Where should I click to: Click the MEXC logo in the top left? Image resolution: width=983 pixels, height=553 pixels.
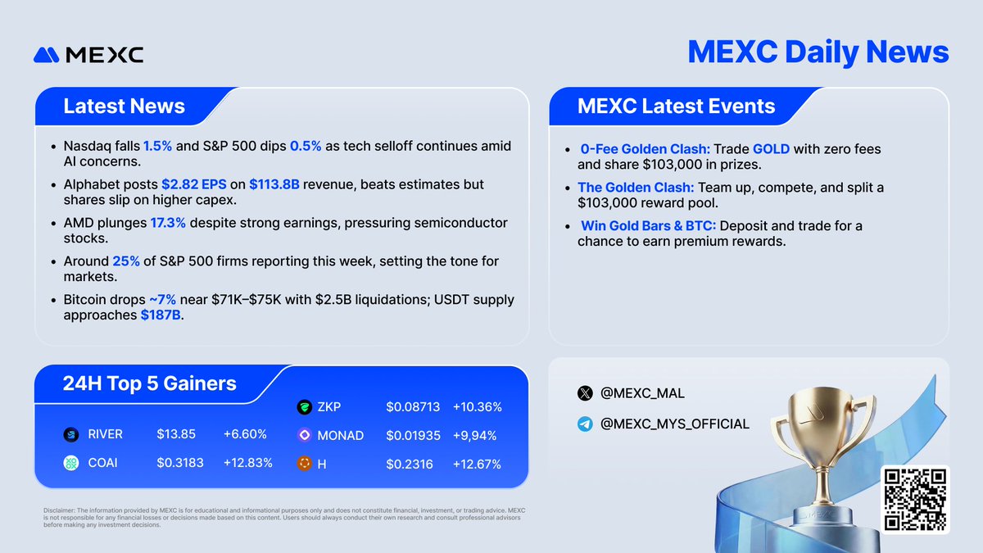tap(88, 54)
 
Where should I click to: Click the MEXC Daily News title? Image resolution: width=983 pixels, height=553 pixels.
tap(818, 52)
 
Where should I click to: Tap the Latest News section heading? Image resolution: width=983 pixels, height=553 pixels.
tap(124, 107)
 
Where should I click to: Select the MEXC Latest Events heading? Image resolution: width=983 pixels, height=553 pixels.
tap(676, 107)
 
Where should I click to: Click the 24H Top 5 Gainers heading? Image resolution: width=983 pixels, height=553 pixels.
tap(149, 383)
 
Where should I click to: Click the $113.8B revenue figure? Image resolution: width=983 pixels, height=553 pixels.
tap(274, 185)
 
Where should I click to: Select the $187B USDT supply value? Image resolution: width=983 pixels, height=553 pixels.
tap(161, 315)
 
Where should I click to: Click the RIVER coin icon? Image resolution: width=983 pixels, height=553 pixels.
tap(71, 435)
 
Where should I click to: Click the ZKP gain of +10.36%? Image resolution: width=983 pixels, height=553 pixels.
tap(477, 406)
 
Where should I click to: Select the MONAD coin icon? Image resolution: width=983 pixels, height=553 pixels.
tap(304, 435)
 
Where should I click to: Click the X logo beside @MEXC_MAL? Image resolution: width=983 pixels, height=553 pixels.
tap(585, 393)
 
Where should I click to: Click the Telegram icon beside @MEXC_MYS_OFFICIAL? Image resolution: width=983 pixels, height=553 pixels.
tap(585, 424)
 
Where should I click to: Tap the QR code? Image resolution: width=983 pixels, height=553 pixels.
tap(914, 501)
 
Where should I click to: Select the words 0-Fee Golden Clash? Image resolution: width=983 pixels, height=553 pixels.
tap(645, 149)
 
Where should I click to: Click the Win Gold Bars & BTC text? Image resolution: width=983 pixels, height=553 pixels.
tap(648, 225)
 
